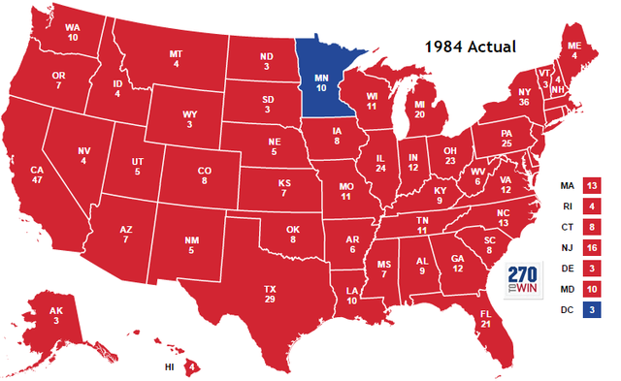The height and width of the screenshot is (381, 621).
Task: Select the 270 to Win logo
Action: (522, 279)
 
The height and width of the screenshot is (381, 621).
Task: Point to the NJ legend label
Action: (566, 247)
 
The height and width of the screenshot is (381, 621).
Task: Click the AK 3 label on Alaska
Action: (56, 315)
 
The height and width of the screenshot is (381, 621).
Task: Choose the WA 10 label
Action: (73, 32)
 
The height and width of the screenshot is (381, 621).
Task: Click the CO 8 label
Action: (204, 174)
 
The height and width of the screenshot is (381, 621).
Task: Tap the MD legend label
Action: (566, 289)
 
